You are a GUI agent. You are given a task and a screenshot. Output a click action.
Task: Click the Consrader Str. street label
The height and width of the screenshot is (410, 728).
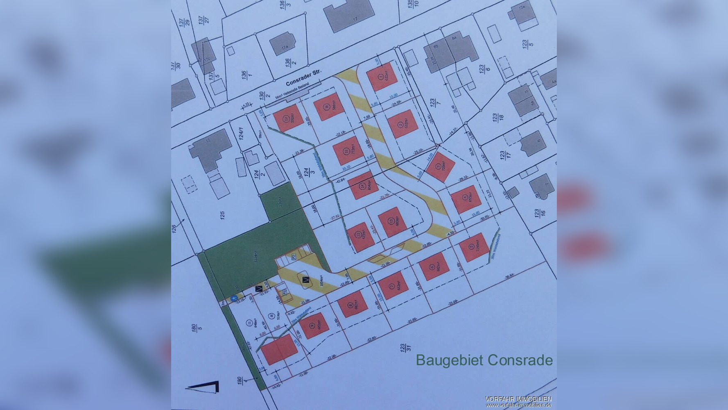[x=303, y=77]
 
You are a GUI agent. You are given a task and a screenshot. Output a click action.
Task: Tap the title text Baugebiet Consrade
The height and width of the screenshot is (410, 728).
[x=484, y=360]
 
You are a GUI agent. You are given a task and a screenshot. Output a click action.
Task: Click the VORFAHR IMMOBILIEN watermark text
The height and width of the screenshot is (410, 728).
[x=518, y=399]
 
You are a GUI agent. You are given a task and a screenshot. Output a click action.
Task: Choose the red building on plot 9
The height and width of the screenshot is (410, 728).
[x=314, y=326]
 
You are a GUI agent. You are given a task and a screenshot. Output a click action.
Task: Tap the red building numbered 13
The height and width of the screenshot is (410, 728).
[x=392, y=222]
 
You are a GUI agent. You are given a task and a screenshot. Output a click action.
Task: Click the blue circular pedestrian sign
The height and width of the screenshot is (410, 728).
[x=234, y=298]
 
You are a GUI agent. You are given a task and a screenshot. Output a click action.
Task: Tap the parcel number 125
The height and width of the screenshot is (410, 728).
[x=223, y=215]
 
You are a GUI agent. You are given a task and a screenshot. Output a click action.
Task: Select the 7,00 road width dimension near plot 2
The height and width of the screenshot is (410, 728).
[x=366, y=117]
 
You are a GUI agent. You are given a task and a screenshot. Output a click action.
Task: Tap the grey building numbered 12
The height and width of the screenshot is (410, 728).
[x=209, y=148]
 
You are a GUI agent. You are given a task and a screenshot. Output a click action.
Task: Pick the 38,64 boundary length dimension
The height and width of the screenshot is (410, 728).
[x=509, y=278]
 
